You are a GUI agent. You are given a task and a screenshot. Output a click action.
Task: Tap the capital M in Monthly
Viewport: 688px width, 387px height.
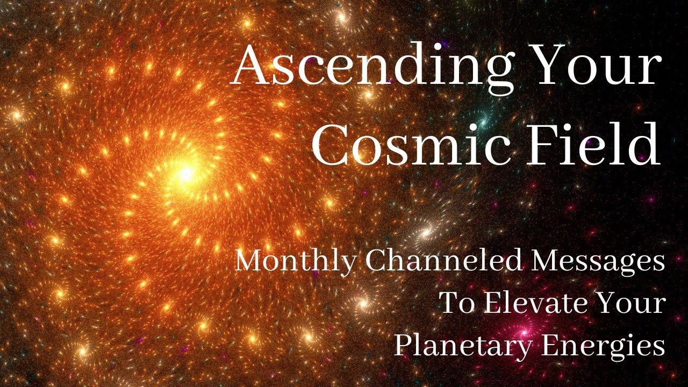tap(250, 262)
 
